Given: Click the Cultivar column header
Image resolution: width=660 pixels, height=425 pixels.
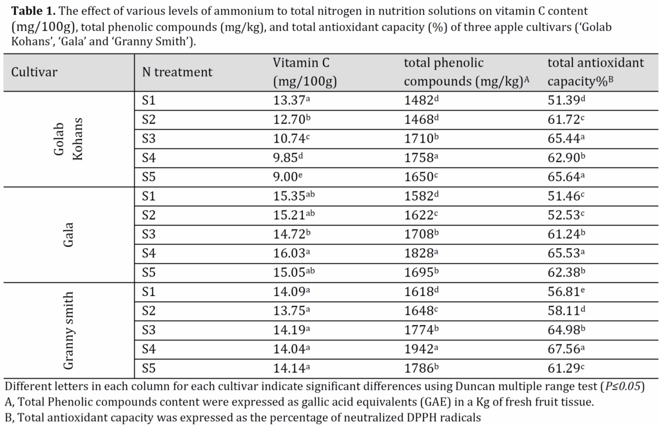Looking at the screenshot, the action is click(34, 72).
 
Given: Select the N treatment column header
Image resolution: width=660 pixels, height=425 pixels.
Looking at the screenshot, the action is click(177, 72).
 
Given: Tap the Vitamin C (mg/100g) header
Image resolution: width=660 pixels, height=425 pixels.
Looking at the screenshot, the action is click(305, 72).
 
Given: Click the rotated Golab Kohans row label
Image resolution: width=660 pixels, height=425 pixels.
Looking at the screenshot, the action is click(68, 139).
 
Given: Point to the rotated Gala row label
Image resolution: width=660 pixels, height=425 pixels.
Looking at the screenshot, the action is click(68, 235).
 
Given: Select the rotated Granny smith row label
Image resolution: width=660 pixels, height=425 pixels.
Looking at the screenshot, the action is click(68, 331).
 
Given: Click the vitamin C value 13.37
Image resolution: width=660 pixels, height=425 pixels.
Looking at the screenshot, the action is click(292, 100).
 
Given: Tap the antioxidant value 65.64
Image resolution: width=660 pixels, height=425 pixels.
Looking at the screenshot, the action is click(566, 177).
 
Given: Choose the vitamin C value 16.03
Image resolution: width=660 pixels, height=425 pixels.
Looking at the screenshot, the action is click(292, 253).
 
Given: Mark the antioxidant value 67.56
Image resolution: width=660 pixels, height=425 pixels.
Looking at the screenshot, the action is click(566, 349).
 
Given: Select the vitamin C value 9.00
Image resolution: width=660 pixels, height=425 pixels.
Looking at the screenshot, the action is click(287, 177).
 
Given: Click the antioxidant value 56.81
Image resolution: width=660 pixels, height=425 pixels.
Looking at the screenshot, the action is click(566, 292).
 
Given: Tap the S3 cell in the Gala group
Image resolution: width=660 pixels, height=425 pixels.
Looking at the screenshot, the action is click(149, 233).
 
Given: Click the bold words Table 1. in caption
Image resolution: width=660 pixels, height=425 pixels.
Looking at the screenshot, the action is click(34, 12).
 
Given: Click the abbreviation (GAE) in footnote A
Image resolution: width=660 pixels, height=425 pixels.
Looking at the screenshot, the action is click(438, 402).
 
